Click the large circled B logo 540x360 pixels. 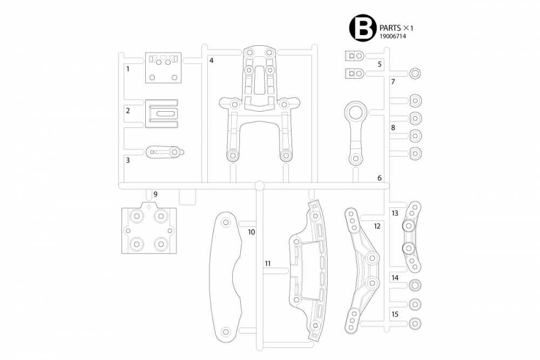(x=362, y=28)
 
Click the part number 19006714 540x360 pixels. (x=393, y=36)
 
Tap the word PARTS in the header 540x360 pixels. (x=390, y=27)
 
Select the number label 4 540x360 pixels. (x=211, y=60)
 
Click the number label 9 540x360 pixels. (x=155, y=194)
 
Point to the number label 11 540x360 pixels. (x=268, y=263)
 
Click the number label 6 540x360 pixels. (x=380, y=178)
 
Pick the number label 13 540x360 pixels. (x=395, y=213)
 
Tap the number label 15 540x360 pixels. (x=395, y=314)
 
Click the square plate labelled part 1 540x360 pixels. (x=163, y=69)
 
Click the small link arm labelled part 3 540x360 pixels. (x=164, y=153)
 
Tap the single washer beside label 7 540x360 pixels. (x=415, y=74)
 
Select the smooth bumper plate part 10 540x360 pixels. (x=225, y=275)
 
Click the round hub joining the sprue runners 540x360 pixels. (x=259, y=186)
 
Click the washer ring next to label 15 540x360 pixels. (x=415, y=323)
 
